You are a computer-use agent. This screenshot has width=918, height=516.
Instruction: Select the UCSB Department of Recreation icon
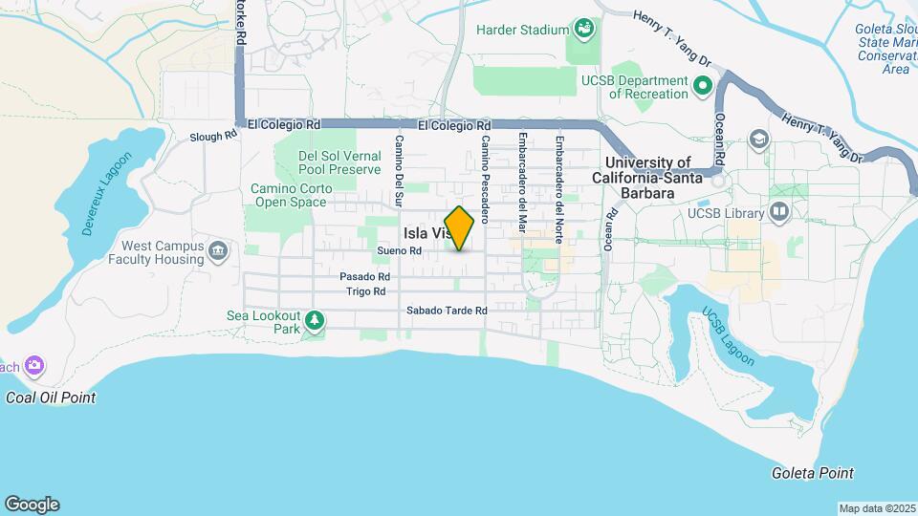(703, 88)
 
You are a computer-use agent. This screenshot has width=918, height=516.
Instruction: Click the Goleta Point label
(813, 473)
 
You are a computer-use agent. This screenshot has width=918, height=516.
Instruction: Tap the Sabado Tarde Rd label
(447, 311)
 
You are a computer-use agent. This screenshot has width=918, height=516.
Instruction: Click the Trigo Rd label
(365, 291)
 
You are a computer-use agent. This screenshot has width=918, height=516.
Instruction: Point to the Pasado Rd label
(364, 276)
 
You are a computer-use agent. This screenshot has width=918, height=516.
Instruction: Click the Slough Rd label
(212, 136)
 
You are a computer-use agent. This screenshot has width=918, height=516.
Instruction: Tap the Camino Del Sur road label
(400, 171)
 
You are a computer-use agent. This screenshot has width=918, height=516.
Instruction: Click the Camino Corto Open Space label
(292, 195)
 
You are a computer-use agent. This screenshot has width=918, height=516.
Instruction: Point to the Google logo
(32, 505)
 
